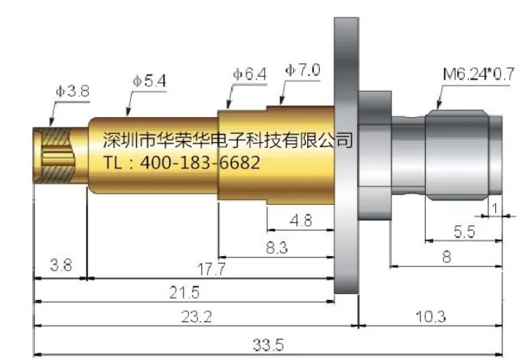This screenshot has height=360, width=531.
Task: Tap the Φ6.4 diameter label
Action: (249, 74)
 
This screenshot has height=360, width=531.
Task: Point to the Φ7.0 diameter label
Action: (303, 70)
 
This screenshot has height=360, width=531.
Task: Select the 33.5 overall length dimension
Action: (269, 345)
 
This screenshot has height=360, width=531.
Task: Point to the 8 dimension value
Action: (445, 257)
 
